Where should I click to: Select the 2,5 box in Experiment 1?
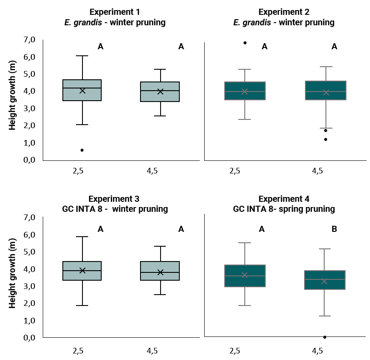coord(82,90)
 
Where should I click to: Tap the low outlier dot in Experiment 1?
coord(82,150)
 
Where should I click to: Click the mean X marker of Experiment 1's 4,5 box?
coord(160,91)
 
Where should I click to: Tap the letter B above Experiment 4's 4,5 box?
coord(334,229)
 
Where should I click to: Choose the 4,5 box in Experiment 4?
coord(324,279)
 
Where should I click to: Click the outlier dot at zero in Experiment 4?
coord(325,337)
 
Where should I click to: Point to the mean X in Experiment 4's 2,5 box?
coord(244,275)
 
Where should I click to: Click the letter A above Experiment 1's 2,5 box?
coord(100,47)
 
